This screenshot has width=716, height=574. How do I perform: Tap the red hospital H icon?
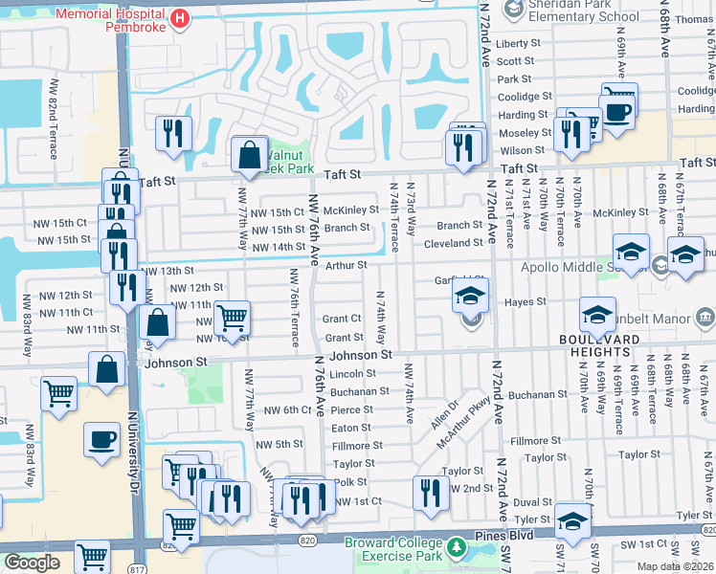coord(177,19)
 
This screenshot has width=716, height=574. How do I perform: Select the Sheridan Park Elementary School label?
coord(571,11)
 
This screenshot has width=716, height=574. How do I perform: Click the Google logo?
coord(32,563)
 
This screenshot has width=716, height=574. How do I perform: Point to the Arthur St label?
coord(348,265)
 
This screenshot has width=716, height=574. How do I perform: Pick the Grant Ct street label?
coord(342,319)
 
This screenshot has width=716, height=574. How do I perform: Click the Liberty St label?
coord(520,44)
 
